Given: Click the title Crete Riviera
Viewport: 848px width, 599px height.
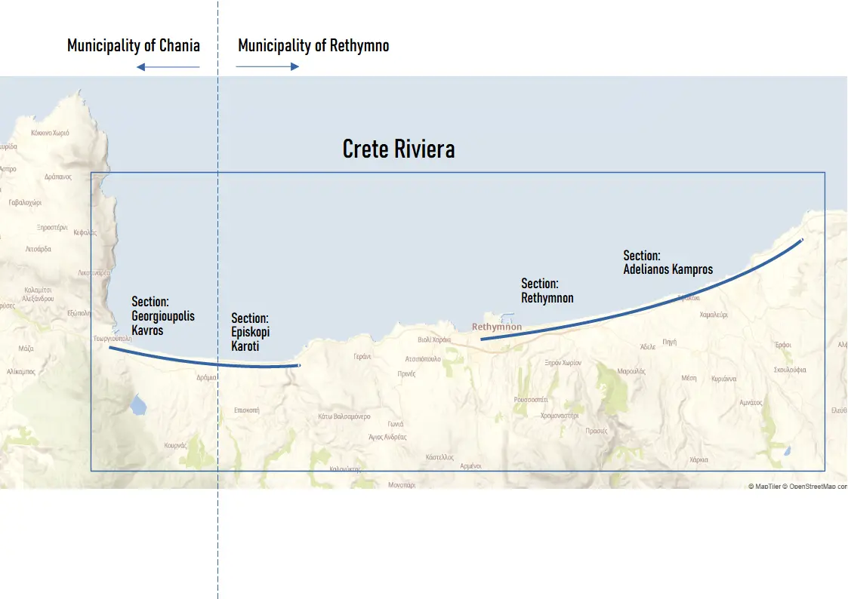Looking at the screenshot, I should (399, 149).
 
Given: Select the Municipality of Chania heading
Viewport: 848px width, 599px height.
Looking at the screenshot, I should (134, 45).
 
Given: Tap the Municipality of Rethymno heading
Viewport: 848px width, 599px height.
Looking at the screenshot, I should (313, 45).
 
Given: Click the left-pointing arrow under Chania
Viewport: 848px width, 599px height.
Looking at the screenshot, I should (168, 67).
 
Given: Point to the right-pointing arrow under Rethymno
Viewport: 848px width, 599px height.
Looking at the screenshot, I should (267, 66).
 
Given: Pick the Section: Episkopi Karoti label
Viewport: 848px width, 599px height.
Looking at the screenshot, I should (250, 332).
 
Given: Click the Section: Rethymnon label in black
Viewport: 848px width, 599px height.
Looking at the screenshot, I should (547, 290).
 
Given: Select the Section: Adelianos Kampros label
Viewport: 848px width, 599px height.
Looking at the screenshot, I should (668, 263).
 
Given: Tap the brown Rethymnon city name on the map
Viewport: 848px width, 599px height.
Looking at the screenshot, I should (496, 327).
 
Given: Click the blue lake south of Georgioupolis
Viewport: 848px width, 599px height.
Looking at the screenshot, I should (137, 407).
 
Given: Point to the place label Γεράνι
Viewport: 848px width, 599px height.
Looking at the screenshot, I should (362, 357).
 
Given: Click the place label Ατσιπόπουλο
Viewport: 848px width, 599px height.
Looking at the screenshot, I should (423, 359).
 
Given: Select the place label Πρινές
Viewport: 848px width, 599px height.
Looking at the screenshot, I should (406, 373).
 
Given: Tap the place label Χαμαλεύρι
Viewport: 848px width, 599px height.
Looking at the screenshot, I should (714, 315).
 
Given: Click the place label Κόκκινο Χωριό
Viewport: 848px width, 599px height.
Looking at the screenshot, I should (50, 133).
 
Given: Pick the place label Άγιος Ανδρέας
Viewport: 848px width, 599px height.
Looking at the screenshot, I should (387, 437).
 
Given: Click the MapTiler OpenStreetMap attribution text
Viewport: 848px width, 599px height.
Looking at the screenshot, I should (797, 487).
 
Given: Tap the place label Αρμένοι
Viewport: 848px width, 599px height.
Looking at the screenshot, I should (470, 466).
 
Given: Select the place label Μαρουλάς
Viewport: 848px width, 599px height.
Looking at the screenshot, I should (631, 371).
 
